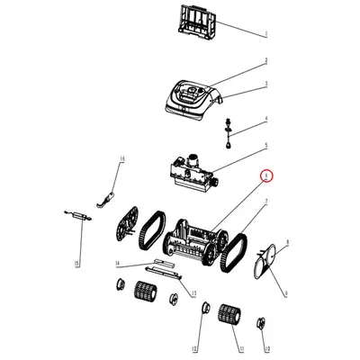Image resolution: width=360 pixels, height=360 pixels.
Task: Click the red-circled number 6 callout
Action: (x=265, y=176)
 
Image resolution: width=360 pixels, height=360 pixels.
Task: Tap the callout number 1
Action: (x=266, y=34)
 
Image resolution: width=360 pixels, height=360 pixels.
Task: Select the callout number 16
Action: (x=122, y=158)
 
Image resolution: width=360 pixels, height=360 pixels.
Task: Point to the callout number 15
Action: (x=77, y=263)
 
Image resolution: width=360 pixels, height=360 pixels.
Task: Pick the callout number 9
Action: (x=285, y=293)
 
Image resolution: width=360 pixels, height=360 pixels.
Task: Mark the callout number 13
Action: (x=192, y=293)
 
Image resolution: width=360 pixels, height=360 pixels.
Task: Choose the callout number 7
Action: (x=266, y=202)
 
